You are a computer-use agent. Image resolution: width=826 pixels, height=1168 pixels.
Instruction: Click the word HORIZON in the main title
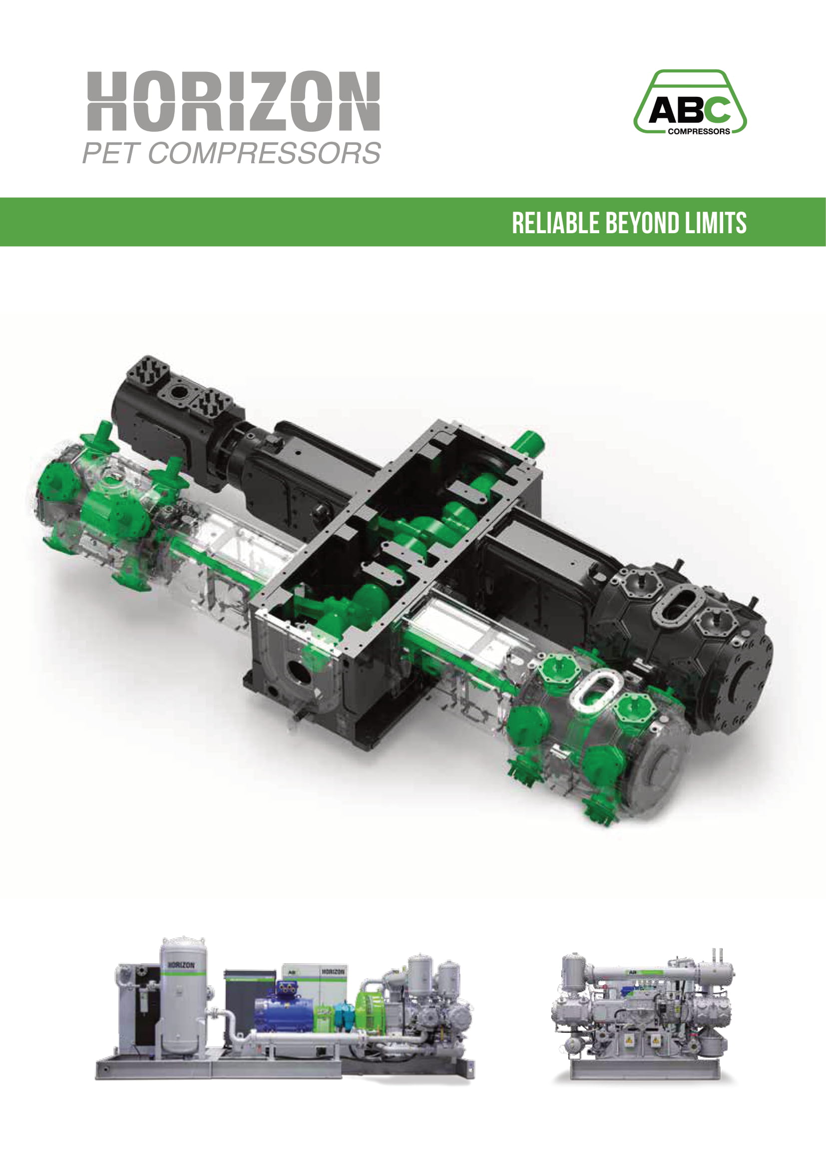click(x=233, y=101)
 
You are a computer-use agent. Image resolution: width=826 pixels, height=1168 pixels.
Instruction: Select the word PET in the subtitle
click(x=110, y=153)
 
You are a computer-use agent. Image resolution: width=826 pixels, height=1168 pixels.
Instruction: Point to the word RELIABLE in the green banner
click(x=555, y=223)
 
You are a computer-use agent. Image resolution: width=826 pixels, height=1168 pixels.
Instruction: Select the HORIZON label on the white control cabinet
click(x=333, y=972)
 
